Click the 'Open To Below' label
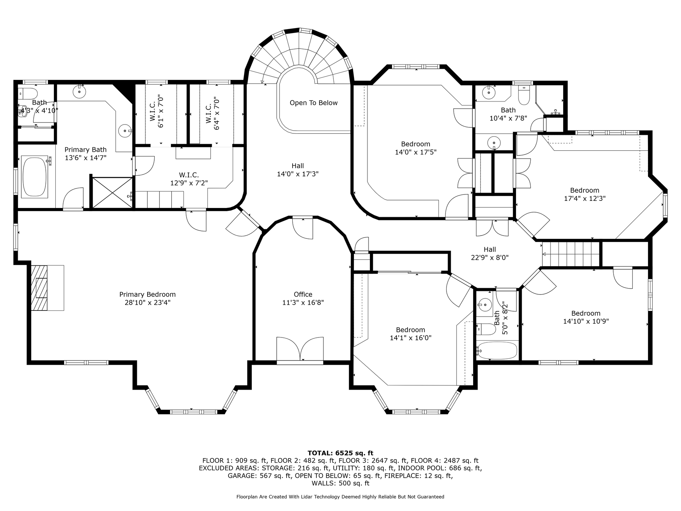314,103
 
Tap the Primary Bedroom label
148,295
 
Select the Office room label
303,295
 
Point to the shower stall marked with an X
112,193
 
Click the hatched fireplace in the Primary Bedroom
39,288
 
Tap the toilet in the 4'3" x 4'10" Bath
28,94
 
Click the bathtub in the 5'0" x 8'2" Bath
497,351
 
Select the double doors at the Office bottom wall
300,349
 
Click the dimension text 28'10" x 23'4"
148,303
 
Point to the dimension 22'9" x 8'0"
490,258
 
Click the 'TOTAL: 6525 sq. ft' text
340,453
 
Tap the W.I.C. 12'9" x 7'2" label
189,179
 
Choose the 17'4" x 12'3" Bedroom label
585,194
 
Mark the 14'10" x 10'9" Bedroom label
586,317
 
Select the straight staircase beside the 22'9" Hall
571,254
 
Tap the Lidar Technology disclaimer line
340,497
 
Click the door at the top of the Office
303,229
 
